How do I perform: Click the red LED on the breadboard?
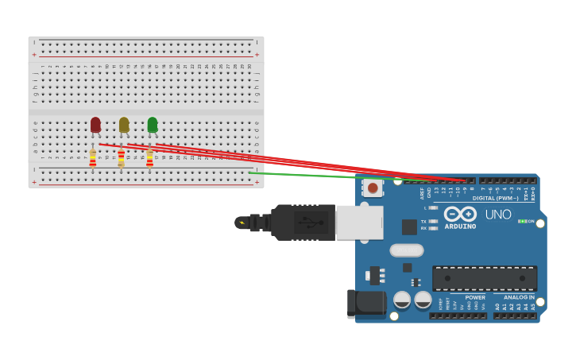click(95, 125)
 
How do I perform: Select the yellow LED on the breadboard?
click(124, 125)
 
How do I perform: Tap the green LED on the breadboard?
click(152, 125)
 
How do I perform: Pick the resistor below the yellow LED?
click(121, 159)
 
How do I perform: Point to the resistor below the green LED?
click(149, 159)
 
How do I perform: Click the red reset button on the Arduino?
click(373, 188)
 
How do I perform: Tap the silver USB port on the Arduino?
click(359, 223)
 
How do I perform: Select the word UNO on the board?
click(498, 215)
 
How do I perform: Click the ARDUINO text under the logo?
click(460, 226)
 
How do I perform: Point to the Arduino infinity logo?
click(460, 214)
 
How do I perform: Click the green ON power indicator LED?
click(521, 221)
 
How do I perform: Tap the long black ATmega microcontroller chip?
click(484, 277)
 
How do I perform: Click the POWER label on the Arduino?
click(475, 297)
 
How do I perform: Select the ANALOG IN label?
click(519, 297)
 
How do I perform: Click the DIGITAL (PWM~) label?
click(495, 198)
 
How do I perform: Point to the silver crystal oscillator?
click(406, 250)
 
